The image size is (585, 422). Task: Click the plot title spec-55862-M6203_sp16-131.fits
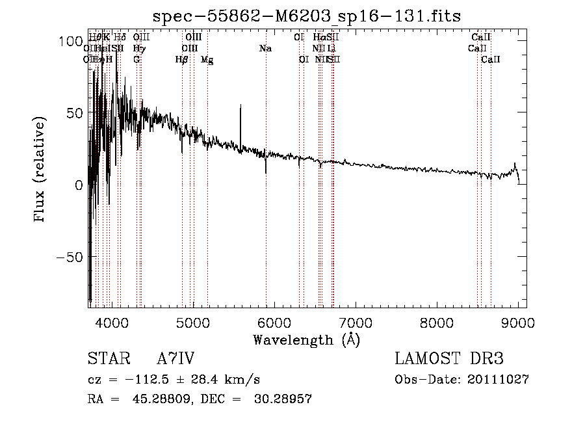[306, 15]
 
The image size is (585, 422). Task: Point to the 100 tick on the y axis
[89, 40]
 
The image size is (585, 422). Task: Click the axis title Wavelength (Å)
[306, 339]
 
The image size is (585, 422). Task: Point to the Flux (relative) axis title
[40, 170]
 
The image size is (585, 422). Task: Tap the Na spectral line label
[265, 49]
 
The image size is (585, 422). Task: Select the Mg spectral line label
[207, 60]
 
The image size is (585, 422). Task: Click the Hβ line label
[182, 60]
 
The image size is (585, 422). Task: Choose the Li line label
[331, 49]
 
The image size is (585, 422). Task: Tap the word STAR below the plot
[107, 359]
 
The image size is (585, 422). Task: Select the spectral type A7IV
[175, 359]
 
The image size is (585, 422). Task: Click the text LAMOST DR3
[449, 359]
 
